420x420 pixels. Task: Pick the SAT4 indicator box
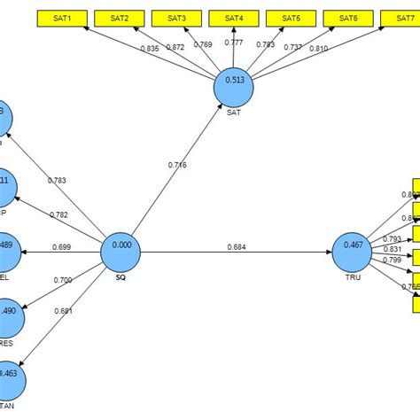tap(234, 18)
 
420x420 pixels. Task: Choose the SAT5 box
tap(292, 18)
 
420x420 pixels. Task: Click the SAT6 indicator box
tap(349, 18)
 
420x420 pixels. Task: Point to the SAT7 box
tap(404, 18)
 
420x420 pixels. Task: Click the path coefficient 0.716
tap(177, 165)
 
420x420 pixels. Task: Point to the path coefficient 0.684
tap(237, 246)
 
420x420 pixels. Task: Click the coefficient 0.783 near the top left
tap(56, 181)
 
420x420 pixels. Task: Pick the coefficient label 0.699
tap(62, 247)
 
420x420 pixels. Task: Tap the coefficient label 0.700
tap(62, 280)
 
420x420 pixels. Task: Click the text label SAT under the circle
tap(234, 113)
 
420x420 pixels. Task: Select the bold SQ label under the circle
tap(121, 278)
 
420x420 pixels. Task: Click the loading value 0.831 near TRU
tap(392, 249)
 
